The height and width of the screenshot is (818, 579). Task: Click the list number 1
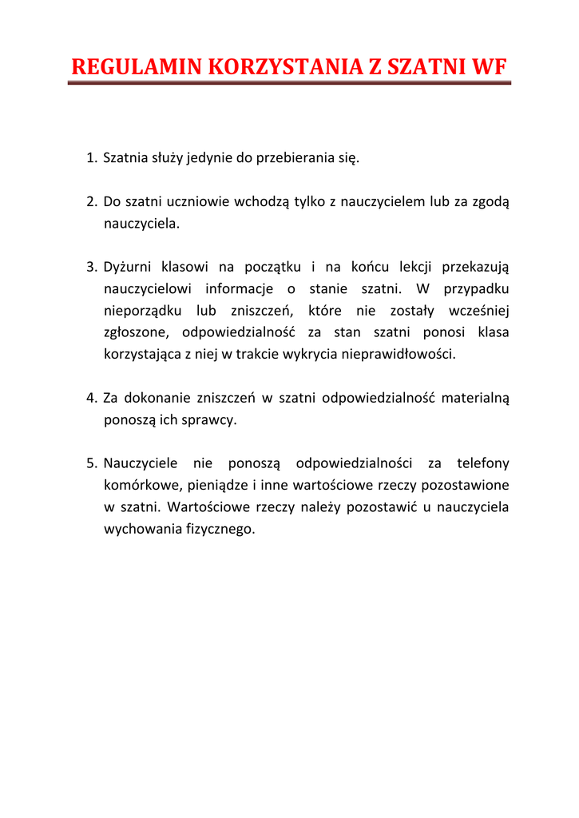coord(91,157)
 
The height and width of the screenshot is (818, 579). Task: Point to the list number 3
coord(91,266)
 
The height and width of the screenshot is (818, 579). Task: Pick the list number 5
coord(91,463)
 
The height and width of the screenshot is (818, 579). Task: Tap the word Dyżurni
coord(126,266)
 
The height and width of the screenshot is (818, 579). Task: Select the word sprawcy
coord(212,419)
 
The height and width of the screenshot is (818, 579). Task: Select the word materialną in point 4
coord(475,397)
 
